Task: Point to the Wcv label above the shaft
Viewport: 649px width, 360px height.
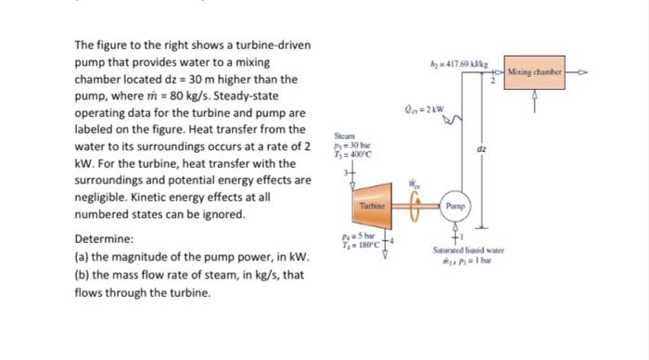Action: point(414,183)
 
